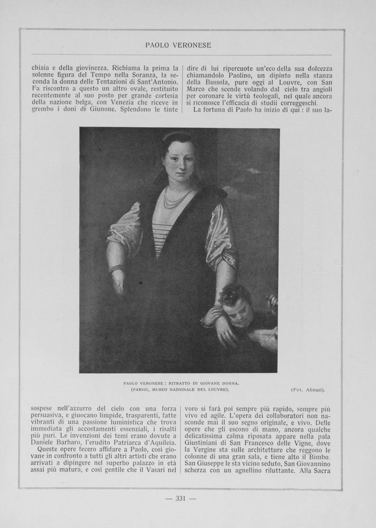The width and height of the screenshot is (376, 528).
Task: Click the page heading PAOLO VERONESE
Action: click(x=178, y=45)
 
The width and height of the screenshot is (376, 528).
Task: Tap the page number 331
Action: click(x=181, y=499)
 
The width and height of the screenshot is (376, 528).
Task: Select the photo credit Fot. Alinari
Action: click(x=308, y=390)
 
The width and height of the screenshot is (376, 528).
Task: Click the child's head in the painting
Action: click(x=236, y=305)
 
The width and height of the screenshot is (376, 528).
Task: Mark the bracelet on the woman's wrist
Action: click(x=116, y=268)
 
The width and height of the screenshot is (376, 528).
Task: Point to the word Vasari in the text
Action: click(x=154, y=471)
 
